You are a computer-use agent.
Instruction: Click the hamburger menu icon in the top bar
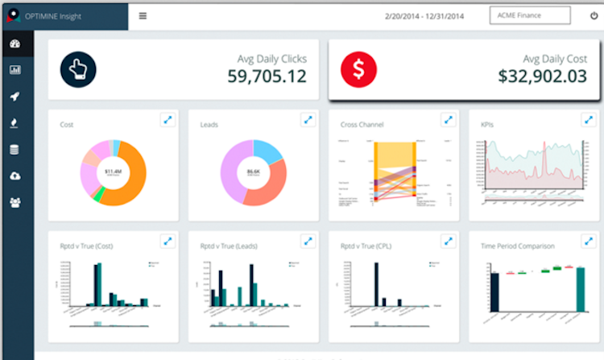coord(143,15)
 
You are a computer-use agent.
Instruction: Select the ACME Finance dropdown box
coord(529,15)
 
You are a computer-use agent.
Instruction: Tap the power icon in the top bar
coord(594,15)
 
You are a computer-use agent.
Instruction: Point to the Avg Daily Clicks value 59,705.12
coord(267,77)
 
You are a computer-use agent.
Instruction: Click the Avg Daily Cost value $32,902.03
coord(542,77)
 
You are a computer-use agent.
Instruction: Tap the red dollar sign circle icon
coord(358,69)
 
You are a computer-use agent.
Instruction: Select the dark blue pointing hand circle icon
coord(78,69)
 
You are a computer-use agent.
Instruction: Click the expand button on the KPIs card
coord(589,120)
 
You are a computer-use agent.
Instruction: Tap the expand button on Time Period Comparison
coord(589,241)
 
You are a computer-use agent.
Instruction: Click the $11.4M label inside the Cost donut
coord(114,172)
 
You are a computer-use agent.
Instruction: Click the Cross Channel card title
coord(362,125)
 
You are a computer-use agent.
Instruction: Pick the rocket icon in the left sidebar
coord(14,96)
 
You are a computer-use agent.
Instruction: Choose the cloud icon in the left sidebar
coord(14,176)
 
